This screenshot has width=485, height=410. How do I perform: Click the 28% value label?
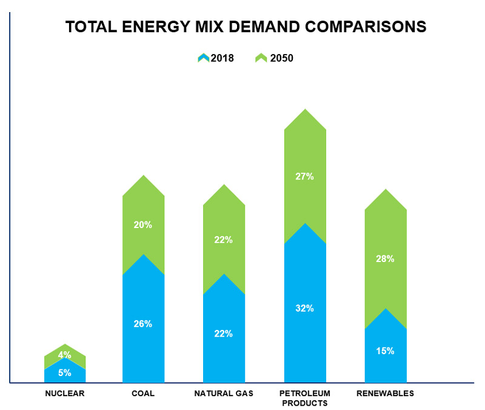386,259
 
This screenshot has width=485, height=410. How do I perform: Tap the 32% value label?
305,308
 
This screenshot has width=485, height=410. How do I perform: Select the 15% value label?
386,351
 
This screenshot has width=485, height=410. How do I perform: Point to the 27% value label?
305,176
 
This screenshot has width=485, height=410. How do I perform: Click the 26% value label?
143,324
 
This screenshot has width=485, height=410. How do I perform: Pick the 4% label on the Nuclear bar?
65,355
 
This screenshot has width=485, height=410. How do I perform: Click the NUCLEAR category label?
65,393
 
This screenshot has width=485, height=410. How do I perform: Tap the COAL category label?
143,393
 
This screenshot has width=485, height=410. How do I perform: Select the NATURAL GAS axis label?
224,393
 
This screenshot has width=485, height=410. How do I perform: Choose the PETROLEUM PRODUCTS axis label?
305,398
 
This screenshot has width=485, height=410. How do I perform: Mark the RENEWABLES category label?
386,393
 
